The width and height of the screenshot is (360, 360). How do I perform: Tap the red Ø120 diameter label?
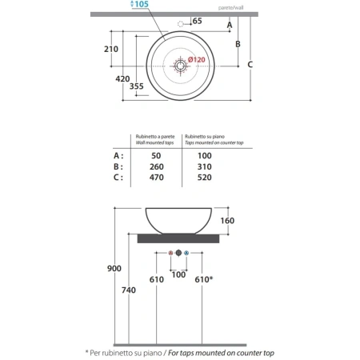click(197, 60)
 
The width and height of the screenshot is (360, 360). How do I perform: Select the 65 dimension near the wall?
click(197, 21)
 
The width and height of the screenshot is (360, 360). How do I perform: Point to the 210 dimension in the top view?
click(111, 49)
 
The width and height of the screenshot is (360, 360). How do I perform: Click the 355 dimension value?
click(136, 86)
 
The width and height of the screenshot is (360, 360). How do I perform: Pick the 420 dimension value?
click(122, 79)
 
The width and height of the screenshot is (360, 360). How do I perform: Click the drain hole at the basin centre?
click(180, 66)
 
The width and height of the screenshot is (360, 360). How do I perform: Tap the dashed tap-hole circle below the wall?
click(181, 24)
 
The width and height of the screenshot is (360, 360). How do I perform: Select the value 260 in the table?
click(157, 166)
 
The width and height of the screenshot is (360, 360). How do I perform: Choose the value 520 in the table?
click(205, 178)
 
